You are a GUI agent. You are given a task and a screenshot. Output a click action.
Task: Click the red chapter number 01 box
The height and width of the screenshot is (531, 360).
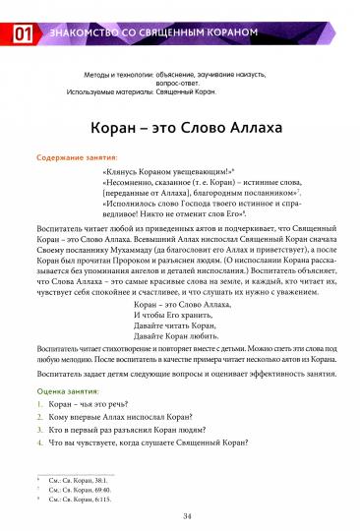click(x=19, y=35)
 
